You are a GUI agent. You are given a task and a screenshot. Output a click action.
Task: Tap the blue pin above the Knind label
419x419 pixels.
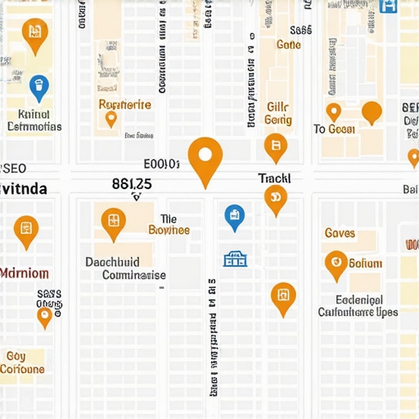coord(38,86)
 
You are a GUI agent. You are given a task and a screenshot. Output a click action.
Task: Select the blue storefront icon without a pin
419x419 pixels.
coord(235,259)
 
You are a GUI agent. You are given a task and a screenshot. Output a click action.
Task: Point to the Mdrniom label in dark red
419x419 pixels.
coord(25,273)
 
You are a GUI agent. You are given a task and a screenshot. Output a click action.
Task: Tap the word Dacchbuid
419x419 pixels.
coord(112,262)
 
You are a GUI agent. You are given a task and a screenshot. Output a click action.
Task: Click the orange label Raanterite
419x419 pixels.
coord(124,105)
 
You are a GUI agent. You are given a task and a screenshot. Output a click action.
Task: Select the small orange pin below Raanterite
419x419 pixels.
coord(111,119)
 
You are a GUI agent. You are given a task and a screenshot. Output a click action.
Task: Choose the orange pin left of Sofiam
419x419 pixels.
coord(336,263)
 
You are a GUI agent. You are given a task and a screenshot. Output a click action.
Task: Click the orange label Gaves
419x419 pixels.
coord(340,233)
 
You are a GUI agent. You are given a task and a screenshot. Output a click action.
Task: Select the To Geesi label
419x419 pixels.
coord(334,129)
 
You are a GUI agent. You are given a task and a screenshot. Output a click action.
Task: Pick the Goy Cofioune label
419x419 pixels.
coord(22,363)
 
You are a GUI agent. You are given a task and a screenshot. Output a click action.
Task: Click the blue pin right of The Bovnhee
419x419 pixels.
coord(234,216)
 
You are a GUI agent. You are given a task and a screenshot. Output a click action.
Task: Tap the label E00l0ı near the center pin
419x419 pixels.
coord(161,164)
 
